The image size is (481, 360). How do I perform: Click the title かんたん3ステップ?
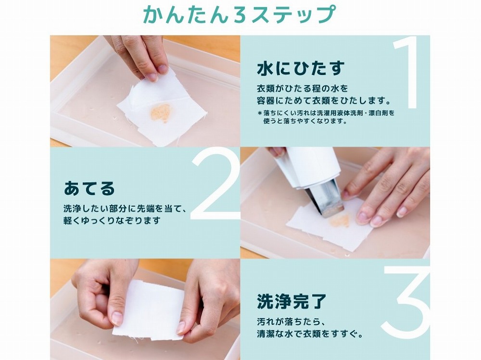[x=239, y=14]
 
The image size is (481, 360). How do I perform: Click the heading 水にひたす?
[x=301, y=68]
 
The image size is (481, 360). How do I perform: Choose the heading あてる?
[x=89, y=188]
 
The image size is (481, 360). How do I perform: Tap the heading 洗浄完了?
[x=292, y=301]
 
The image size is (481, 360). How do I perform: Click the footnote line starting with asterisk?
[x=326, y=113]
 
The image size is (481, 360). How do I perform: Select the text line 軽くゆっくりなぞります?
[x=112, y=221]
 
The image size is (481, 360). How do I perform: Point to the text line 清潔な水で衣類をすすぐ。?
[x=310, y=334]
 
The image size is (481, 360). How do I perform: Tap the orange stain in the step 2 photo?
[x=340, y=221]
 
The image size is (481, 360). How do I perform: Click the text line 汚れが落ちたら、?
[x=291, y=322]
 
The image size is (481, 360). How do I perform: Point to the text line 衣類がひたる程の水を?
[x=303, y=88]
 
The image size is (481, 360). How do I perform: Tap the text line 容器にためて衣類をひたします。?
[x=324, y=100]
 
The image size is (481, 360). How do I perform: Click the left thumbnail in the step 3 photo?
[x=116, y=318]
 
